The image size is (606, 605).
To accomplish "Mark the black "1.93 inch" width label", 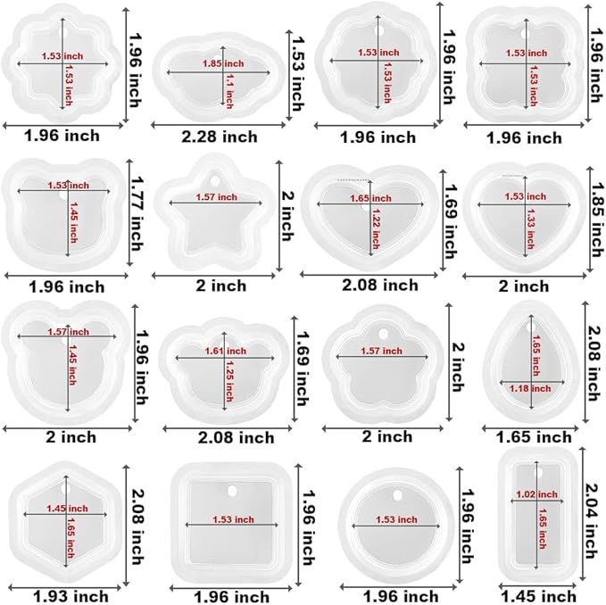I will point(71,595).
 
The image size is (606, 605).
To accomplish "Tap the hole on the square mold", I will point(234,490).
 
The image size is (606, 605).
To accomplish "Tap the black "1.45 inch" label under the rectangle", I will point(538,595).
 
